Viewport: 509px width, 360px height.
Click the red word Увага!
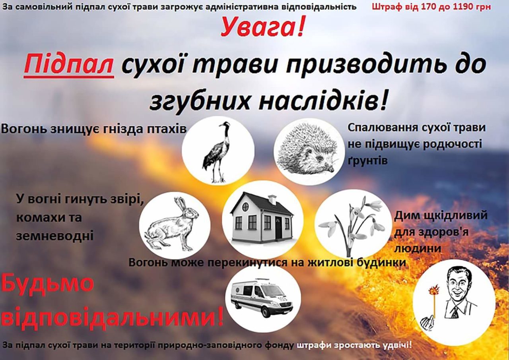click(262, 27)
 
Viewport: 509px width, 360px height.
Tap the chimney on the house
click(272, 199)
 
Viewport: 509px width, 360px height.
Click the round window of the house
click(245, 207)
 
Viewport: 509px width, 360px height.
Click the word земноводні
click(55, 235)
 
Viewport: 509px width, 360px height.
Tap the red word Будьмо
click(48, 284)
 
